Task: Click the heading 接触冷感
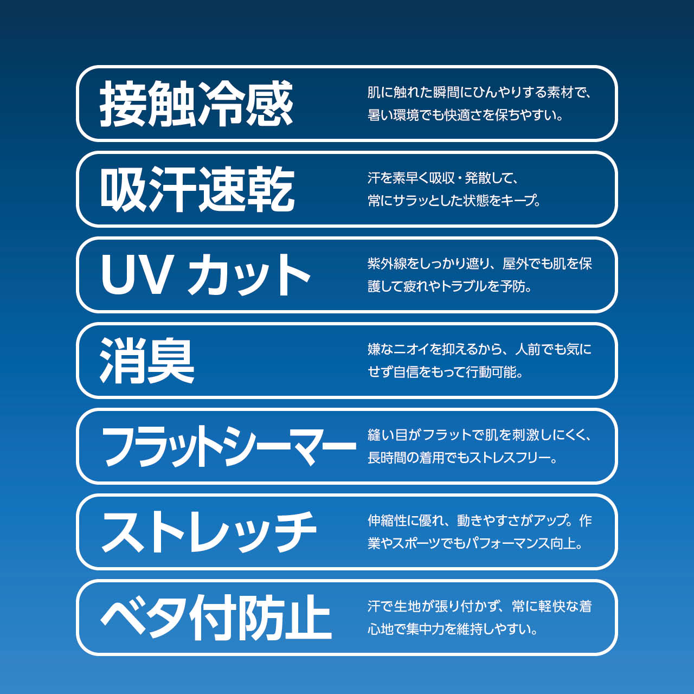[196, 104]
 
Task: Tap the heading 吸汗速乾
[197, 189]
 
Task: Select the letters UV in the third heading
[135, 274]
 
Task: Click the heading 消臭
[147, 361]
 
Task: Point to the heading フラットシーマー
[229, 446]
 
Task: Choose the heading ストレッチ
[209, 532]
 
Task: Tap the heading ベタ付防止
[216, 618]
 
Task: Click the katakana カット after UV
[248, 274]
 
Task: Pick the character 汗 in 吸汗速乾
[173, 189]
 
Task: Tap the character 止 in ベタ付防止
[308, 618]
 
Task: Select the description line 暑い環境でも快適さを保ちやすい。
[465, 115]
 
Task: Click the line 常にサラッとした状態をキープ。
[454, 201]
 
